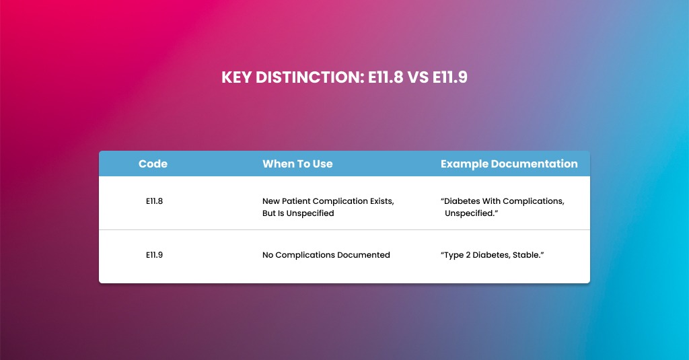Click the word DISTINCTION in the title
pos(308,77)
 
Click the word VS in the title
pos(418,77)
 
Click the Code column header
pos(153,164)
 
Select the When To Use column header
pos(297,164)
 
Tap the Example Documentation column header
pos(509,164)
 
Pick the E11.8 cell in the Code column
pos(154,201)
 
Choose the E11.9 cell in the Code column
pos(154,255)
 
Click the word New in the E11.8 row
pos(272,201)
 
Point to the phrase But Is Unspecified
pos(298,213)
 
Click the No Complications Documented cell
pos(326,255)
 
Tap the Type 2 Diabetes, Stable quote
pos(492,255)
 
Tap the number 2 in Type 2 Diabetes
pos(468,255)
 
